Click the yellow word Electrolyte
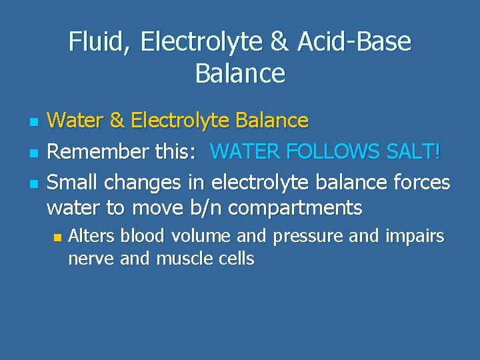(176, 121)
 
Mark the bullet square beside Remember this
(31, 153)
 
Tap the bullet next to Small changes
(31, 183)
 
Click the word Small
(74, 182)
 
